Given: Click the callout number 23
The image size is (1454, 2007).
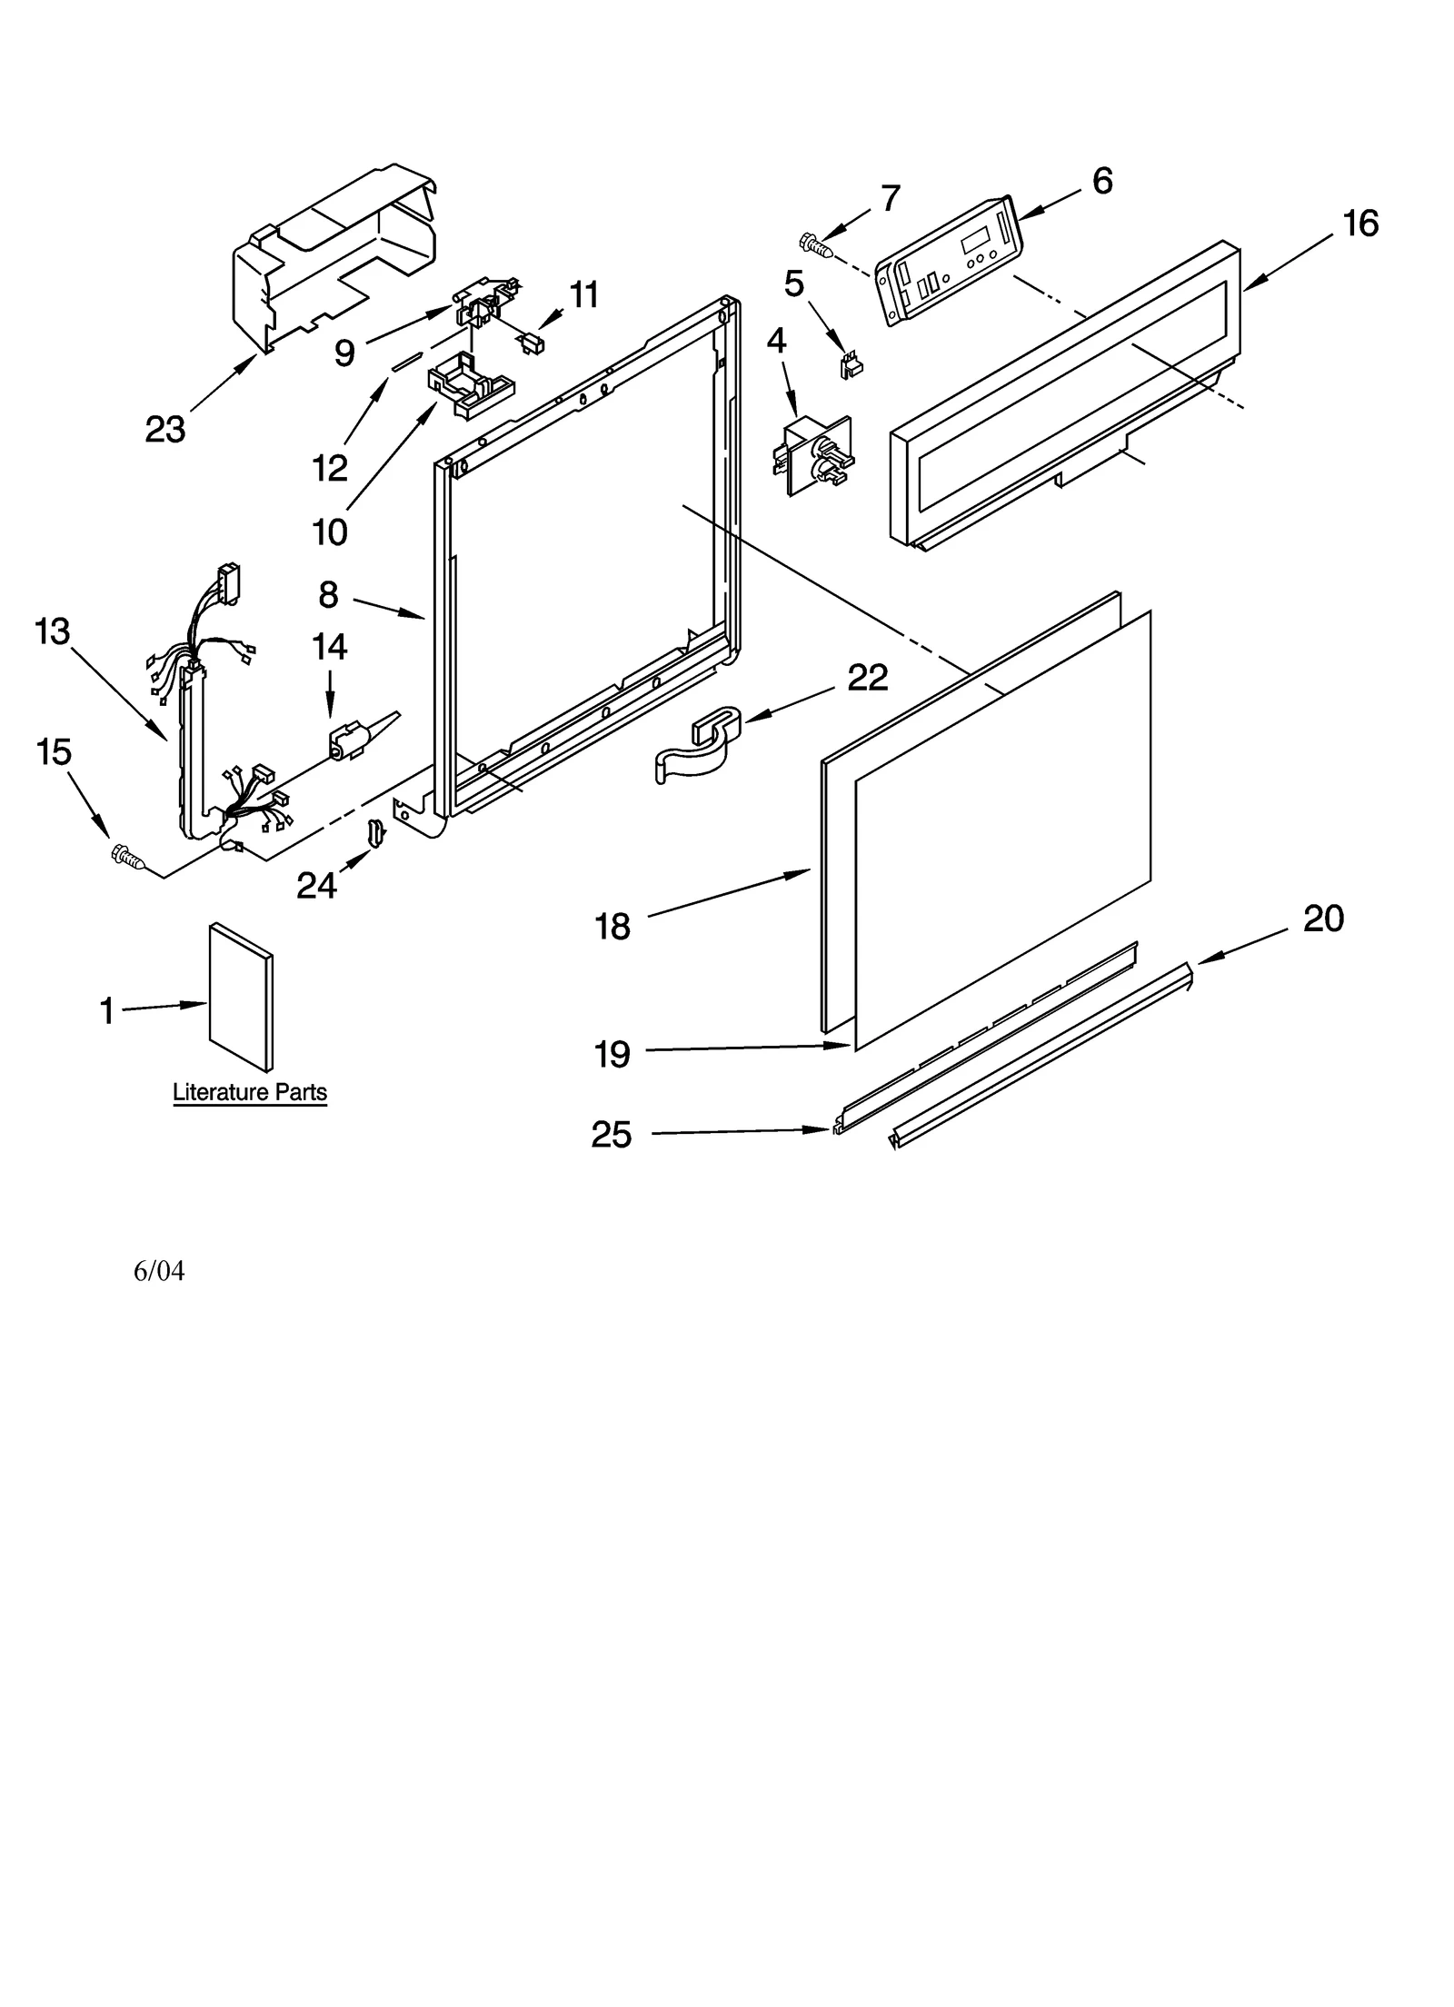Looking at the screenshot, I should tap(164, 429).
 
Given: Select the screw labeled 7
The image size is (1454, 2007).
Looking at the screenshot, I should tap(815, 244).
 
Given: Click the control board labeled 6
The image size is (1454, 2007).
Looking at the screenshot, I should tap(948, 259).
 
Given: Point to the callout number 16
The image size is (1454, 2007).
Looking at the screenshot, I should tap(1359, 223).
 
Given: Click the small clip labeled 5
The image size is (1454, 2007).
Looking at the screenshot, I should tap(851, 366).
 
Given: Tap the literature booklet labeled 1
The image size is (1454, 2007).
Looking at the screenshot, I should tap(241, 998).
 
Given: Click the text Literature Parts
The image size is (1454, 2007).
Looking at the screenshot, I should tap(250, 1092).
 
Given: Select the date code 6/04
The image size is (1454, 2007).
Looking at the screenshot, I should tap(159, 1271).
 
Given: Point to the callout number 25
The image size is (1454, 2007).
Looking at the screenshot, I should tap(611, 1134).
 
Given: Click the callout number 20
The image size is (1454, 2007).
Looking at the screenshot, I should tap(1322, 919).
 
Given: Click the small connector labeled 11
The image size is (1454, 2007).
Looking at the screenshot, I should tap(531, 343).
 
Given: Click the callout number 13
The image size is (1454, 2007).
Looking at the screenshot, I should tap(52, 631).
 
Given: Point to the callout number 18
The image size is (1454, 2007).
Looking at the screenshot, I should tap(612, 927).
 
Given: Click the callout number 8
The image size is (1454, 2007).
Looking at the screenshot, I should tap(328, 595).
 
